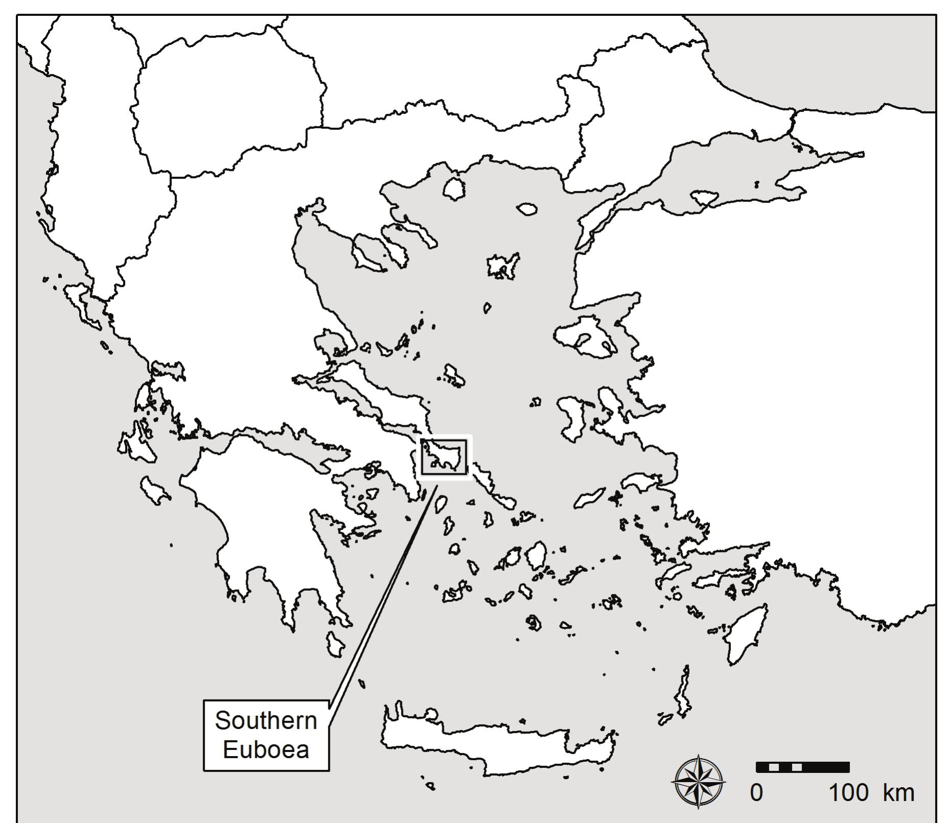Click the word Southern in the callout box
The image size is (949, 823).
tap(266, 720)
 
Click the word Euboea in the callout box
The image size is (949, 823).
tap(266, 749)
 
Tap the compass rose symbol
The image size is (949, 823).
tap(698, 782)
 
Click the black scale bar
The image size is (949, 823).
tap(802, 767)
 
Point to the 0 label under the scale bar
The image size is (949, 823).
tap(756, 793)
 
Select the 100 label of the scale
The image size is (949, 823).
tap(848, 793)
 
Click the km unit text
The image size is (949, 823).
tap(898, 793)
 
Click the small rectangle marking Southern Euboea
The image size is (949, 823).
tap(444, 457)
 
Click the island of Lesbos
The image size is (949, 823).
tap(585, 337)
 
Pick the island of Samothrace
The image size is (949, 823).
tap(527, 209)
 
